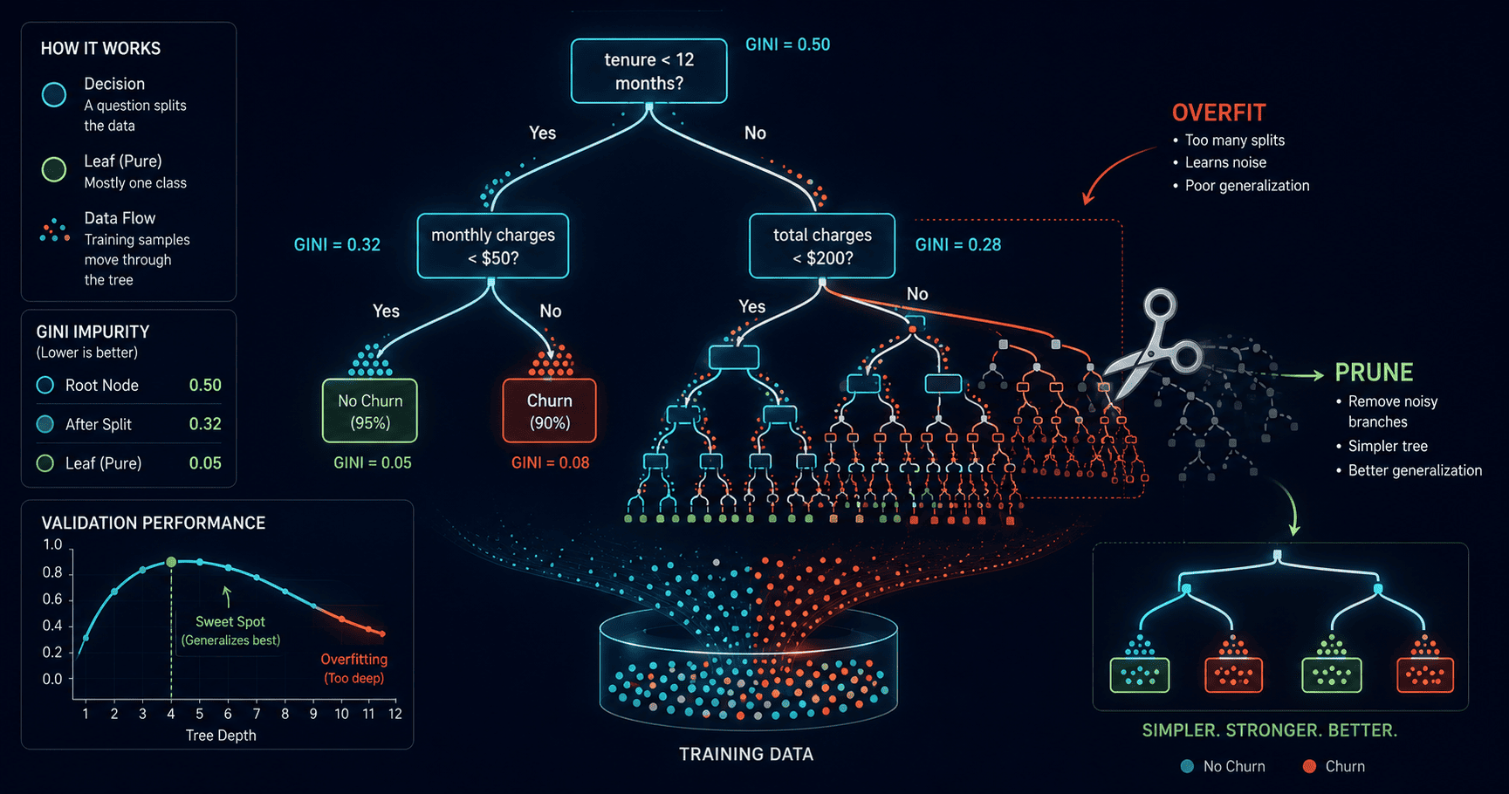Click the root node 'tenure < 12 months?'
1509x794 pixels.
point(648,71)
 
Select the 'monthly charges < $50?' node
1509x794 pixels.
point(493,246)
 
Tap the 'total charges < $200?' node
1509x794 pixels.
point(822,246)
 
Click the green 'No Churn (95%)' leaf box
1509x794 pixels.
point(370,411)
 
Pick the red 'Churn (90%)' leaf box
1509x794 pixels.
point(550,411)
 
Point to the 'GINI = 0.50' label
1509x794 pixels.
point(787,44)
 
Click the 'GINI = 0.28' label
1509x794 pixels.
point(957,244)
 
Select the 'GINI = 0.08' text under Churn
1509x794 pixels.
point(550,462)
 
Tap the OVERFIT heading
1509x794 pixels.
point(1218,113)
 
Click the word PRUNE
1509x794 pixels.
point(1374,373)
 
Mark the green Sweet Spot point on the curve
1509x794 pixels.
point(171,563)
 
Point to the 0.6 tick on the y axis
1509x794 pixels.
point(52,599)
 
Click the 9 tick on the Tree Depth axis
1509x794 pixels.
point(313,714)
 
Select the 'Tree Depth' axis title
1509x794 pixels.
point(221,736)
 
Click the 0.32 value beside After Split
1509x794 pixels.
point(205,424)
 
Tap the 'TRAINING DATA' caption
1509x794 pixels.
point(746,755)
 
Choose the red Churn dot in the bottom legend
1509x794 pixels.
point(1309,766)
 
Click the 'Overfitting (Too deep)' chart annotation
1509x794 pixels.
point(353,668)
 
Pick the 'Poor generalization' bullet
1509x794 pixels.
point(1247,185)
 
